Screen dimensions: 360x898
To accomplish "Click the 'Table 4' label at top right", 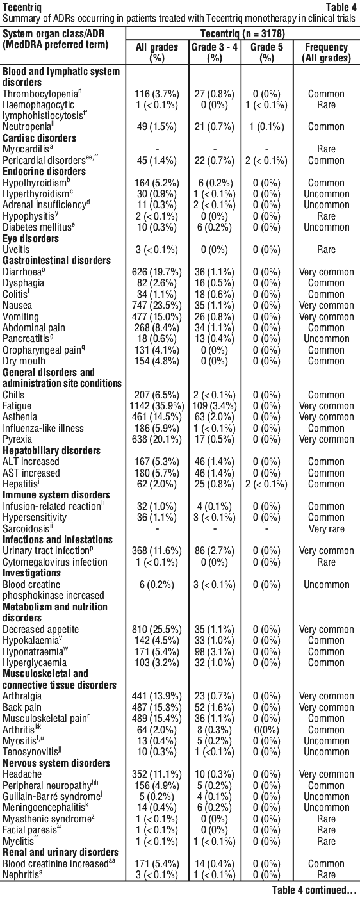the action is (x=341, y=7).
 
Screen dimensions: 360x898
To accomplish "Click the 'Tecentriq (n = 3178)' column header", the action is (x=243, y=33).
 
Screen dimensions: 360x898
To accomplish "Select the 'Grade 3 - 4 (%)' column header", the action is (x=215, y=53).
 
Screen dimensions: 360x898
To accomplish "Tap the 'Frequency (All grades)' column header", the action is (x=326, y=53).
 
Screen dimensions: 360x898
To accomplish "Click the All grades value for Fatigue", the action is (x=157, y=406).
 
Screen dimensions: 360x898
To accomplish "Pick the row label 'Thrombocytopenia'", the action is (x=40, y=94).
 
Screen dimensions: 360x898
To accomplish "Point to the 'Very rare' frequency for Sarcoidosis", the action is (x=326, y=529).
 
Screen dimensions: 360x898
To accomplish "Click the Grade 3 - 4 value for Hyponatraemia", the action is (x=215, y=652).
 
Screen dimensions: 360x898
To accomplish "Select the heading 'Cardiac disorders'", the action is (x=39, y=138).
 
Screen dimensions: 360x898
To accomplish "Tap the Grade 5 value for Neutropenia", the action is (x=266, y=127).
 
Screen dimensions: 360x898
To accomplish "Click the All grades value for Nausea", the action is (x=157, y=306).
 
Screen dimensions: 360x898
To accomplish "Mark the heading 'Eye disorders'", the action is (x=31, y=238).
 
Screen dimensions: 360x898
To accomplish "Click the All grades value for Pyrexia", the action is (x=157, y=439).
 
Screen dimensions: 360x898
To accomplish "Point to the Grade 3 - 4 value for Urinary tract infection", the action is (x=215, y=551).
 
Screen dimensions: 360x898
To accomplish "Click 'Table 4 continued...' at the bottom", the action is (x=315, y=890).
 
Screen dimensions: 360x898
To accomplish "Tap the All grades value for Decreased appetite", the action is (x=157, y=630).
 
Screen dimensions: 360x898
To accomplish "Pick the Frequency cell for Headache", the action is (x=326, y=774).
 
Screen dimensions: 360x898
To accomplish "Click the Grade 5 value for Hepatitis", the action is (x=266, y=484).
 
